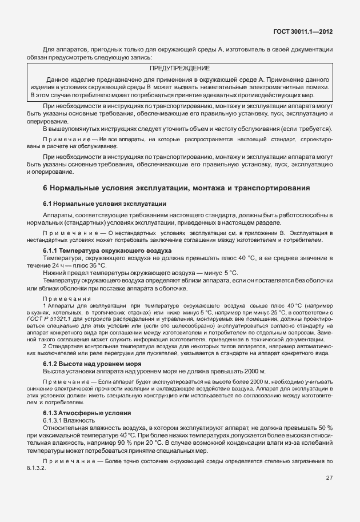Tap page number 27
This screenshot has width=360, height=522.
[x=329, y=478]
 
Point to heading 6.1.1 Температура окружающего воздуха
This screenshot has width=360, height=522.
[x=107, y=250]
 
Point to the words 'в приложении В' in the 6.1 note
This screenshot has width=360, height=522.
[x=250, y=233]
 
